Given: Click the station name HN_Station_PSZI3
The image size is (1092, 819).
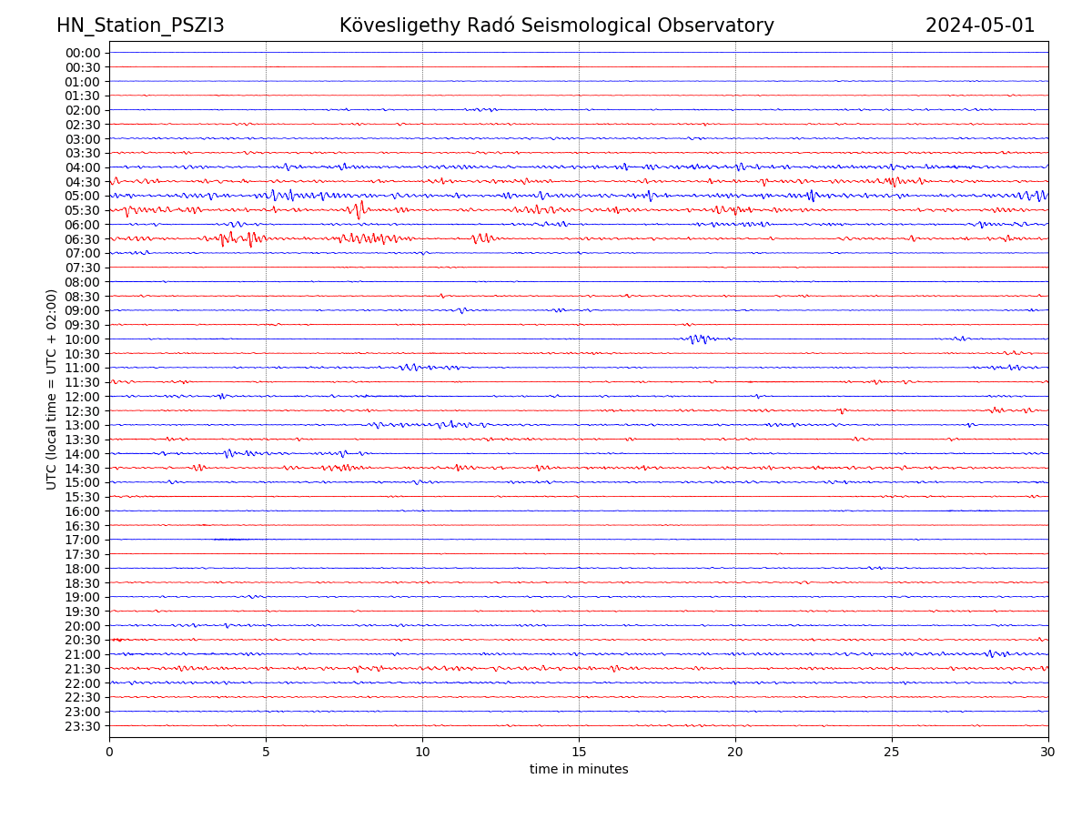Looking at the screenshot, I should (x=140, y=25).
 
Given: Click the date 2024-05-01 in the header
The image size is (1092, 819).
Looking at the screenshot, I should (x=980, y=25).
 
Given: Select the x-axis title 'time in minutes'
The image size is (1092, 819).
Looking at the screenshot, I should (x=579, y=770).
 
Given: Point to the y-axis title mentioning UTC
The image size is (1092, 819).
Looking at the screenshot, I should (x=52, y=389).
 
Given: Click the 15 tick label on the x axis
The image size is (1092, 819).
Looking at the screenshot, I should (x=579, y=752).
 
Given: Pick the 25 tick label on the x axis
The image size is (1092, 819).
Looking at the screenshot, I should (x=892, y=752).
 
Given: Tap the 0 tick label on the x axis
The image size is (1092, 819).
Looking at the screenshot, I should (x=109, y=752).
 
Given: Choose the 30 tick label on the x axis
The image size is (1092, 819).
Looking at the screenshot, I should (x=1048, y=752).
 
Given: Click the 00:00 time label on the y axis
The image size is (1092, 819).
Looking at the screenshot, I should (x=82, y=53).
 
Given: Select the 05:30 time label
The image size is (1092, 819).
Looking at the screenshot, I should (x=82, y=210).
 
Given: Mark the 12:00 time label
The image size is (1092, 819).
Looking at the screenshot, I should (x=82, y=397).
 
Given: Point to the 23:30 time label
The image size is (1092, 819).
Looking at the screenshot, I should (x=82, y=726).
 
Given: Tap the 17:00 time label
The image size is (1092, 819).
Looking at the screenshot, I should (x=82, y=540).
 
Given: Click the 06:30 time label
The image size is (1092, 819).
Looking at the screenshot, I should (x=82, y=238).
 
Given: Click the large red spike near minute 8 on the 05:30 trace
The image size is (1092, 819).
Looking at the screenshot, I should (x=360, y=210).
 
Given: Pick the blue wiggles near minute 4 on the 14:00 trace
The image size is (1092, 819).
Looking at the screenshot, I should (x=231, y=453).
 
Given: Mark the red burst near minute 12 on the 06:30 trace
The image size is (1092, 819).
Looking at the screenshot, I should (x=481, y=238).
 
